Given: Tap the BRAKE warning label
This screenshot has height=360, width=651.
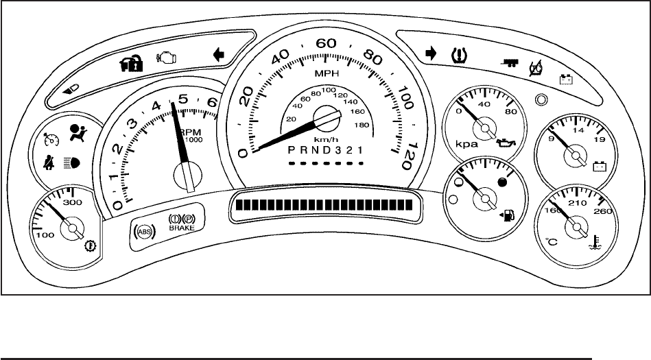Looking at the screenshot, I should [182, 227].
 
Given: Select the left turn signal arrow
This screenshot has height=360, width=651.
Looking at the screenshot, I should [220, 56].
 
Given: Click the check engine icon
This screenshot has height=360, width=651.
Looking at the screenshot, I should [167, 58].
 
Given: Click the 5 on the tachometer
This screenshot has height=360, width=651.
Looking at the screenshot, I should [182, 99].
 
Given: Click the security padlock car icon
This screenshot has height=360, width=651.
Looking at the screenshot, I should [130, 65].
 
